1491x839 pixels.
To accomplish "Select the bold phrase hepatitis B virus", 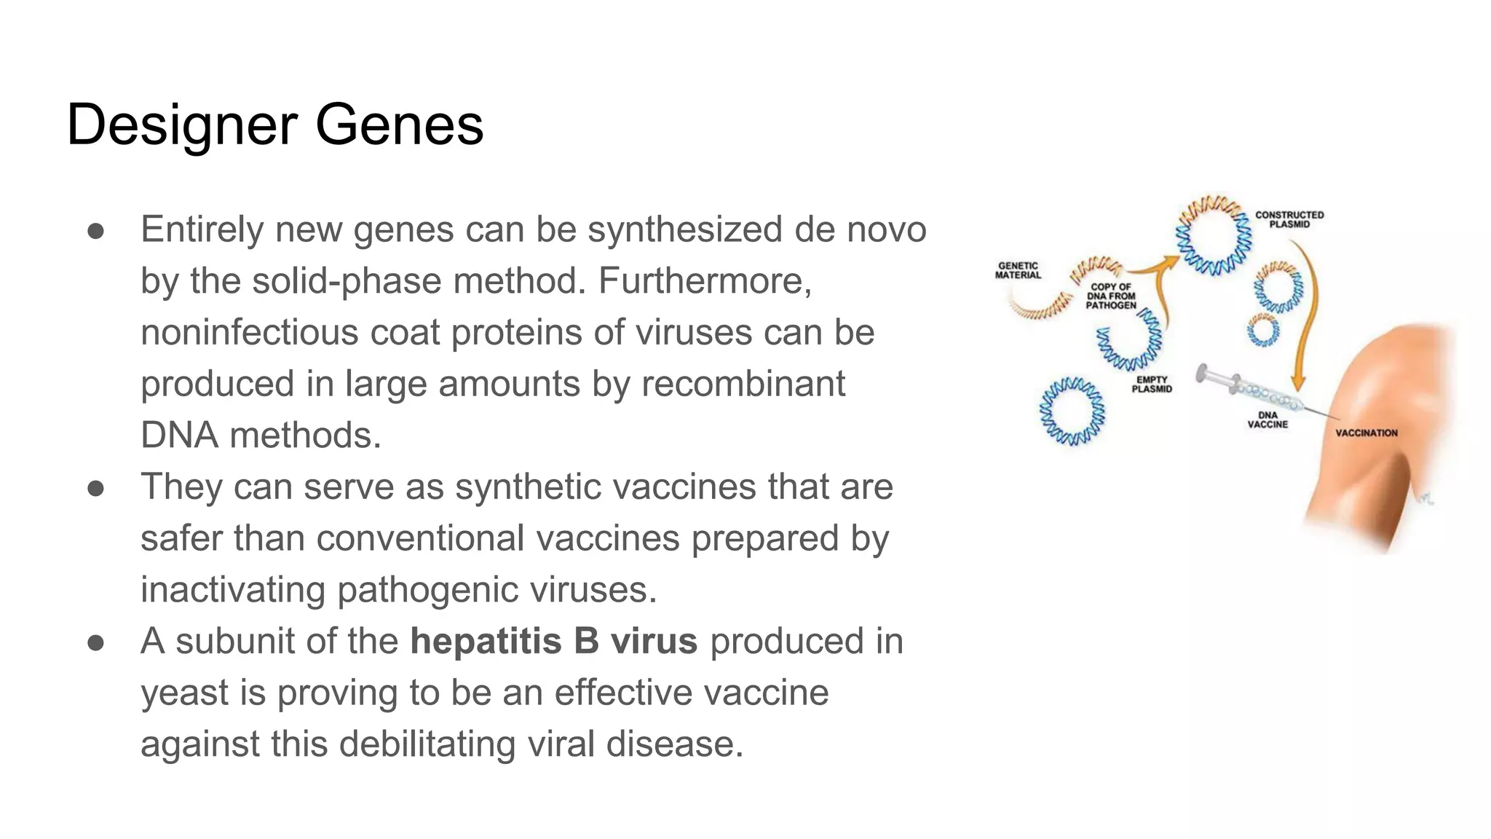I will [x=553, y=642].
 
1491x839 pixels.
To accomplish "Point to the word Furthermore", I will [x=704, y=281].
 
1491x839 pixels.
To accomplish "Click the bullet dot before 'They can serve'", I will [x=96, y=488].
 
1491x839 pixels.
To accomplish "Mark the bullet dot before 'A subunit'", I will [x=96, y=642].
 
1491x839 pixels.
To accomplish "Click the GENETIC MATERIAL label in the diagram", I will [x=1018, y=271].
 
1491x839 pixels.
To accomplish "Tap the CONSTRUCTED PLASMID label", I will [x=1289, y=219].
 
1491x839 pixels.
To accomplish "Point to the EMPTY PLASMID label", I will [x=1152, y=385].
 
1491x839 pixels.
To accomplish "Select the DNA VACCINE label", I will [x=1267, y=419].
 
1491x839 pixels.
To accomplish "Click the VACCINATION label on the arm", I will [x=1367, y=433].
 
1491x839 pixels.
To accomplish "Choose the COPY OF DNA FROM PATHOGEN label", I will [x=1110, y=296].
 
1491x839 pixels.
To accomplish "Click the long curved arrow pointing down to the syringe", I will [x=1310, y=313].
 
